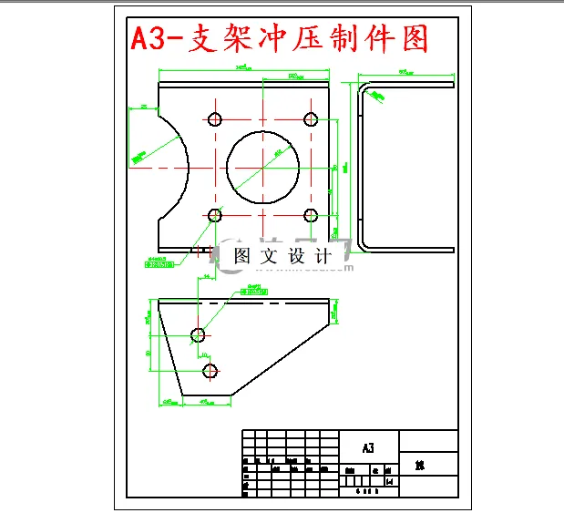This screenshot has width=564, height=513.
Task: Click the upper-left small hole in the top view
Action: [216, 119]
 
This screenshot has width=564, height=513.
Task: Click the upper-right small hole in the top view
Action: [310, 119]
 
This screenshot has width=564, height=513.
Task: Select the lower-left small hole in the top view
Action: [216, 215]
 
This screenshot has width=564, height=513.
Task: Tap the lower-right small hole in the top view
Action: [310, 215]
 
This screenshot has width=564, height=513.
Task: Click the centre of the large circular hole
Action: [262, 168]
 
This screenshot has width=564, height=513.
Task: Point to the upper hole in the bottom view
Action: [198, 334]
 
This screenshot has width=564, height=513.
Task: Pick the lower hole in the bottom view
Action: [210, 369]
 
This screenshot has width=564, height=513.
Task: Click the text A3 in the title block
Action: [368, 448]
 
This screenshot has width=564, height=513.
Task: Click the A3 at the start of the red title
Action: [146, 39]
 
